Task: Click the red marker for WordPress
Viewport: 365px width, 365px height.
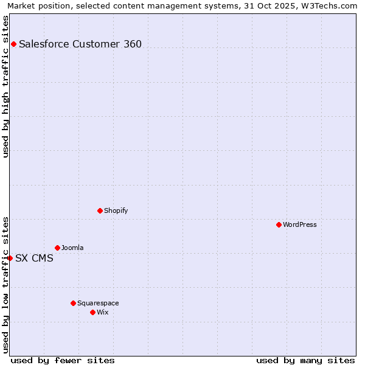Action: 279,224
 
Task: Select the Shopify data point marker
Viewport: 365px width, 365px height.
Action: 100,210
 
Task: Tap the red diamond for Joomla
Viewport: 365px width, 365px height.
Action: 57,248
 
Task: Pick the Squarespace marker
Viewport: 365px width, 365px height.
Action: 73,303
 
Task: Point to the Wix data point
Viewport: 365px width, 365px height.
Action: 92,312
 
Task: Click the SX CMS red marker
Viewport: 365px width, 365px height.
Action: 10,258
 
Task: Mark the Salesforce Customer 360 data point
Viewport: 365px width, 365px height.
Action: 13,44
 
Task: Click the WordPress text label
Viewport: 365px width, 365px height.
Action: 300,224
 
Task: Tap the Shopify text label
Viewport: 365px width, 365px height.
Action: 116,210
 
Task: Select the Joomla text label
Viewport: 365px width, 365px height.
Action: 72,248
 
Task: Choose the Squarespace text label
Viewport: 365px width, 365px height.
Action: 98,303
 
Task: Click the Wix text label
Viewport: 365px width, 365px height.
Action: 103,312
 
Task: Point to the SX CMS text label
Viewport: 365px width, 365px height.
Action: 34,258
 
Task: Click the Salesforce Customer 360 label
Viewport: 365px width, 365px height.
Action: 80,44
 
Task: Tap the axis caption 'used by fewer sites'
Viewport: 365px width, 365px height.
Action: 63,360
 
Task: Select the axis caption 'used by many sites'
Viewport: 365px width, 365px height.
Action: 305,360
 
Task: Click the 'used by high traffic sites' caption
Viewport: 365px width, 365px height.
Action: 6,86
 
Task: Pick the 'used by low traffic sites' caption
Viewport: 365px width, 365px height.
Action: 6,284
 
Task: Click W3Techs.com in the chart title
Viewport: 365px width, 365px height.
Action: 333,5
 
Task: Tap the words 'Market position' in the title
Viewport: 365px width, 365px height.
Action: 35,5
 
